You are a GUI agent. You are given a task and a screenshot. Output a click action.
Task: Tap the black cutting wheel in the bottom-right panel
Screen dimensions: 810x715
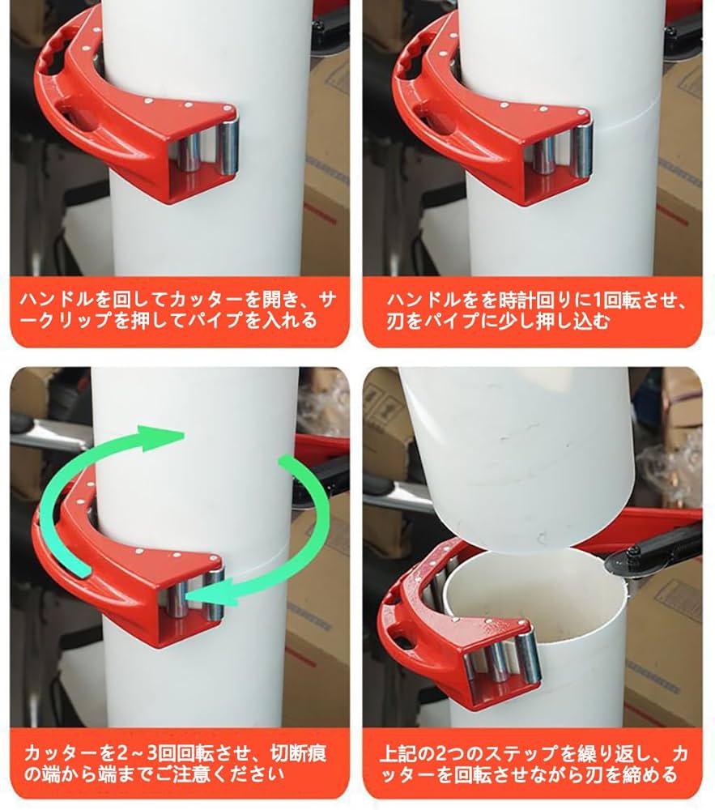pos(639,558)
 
